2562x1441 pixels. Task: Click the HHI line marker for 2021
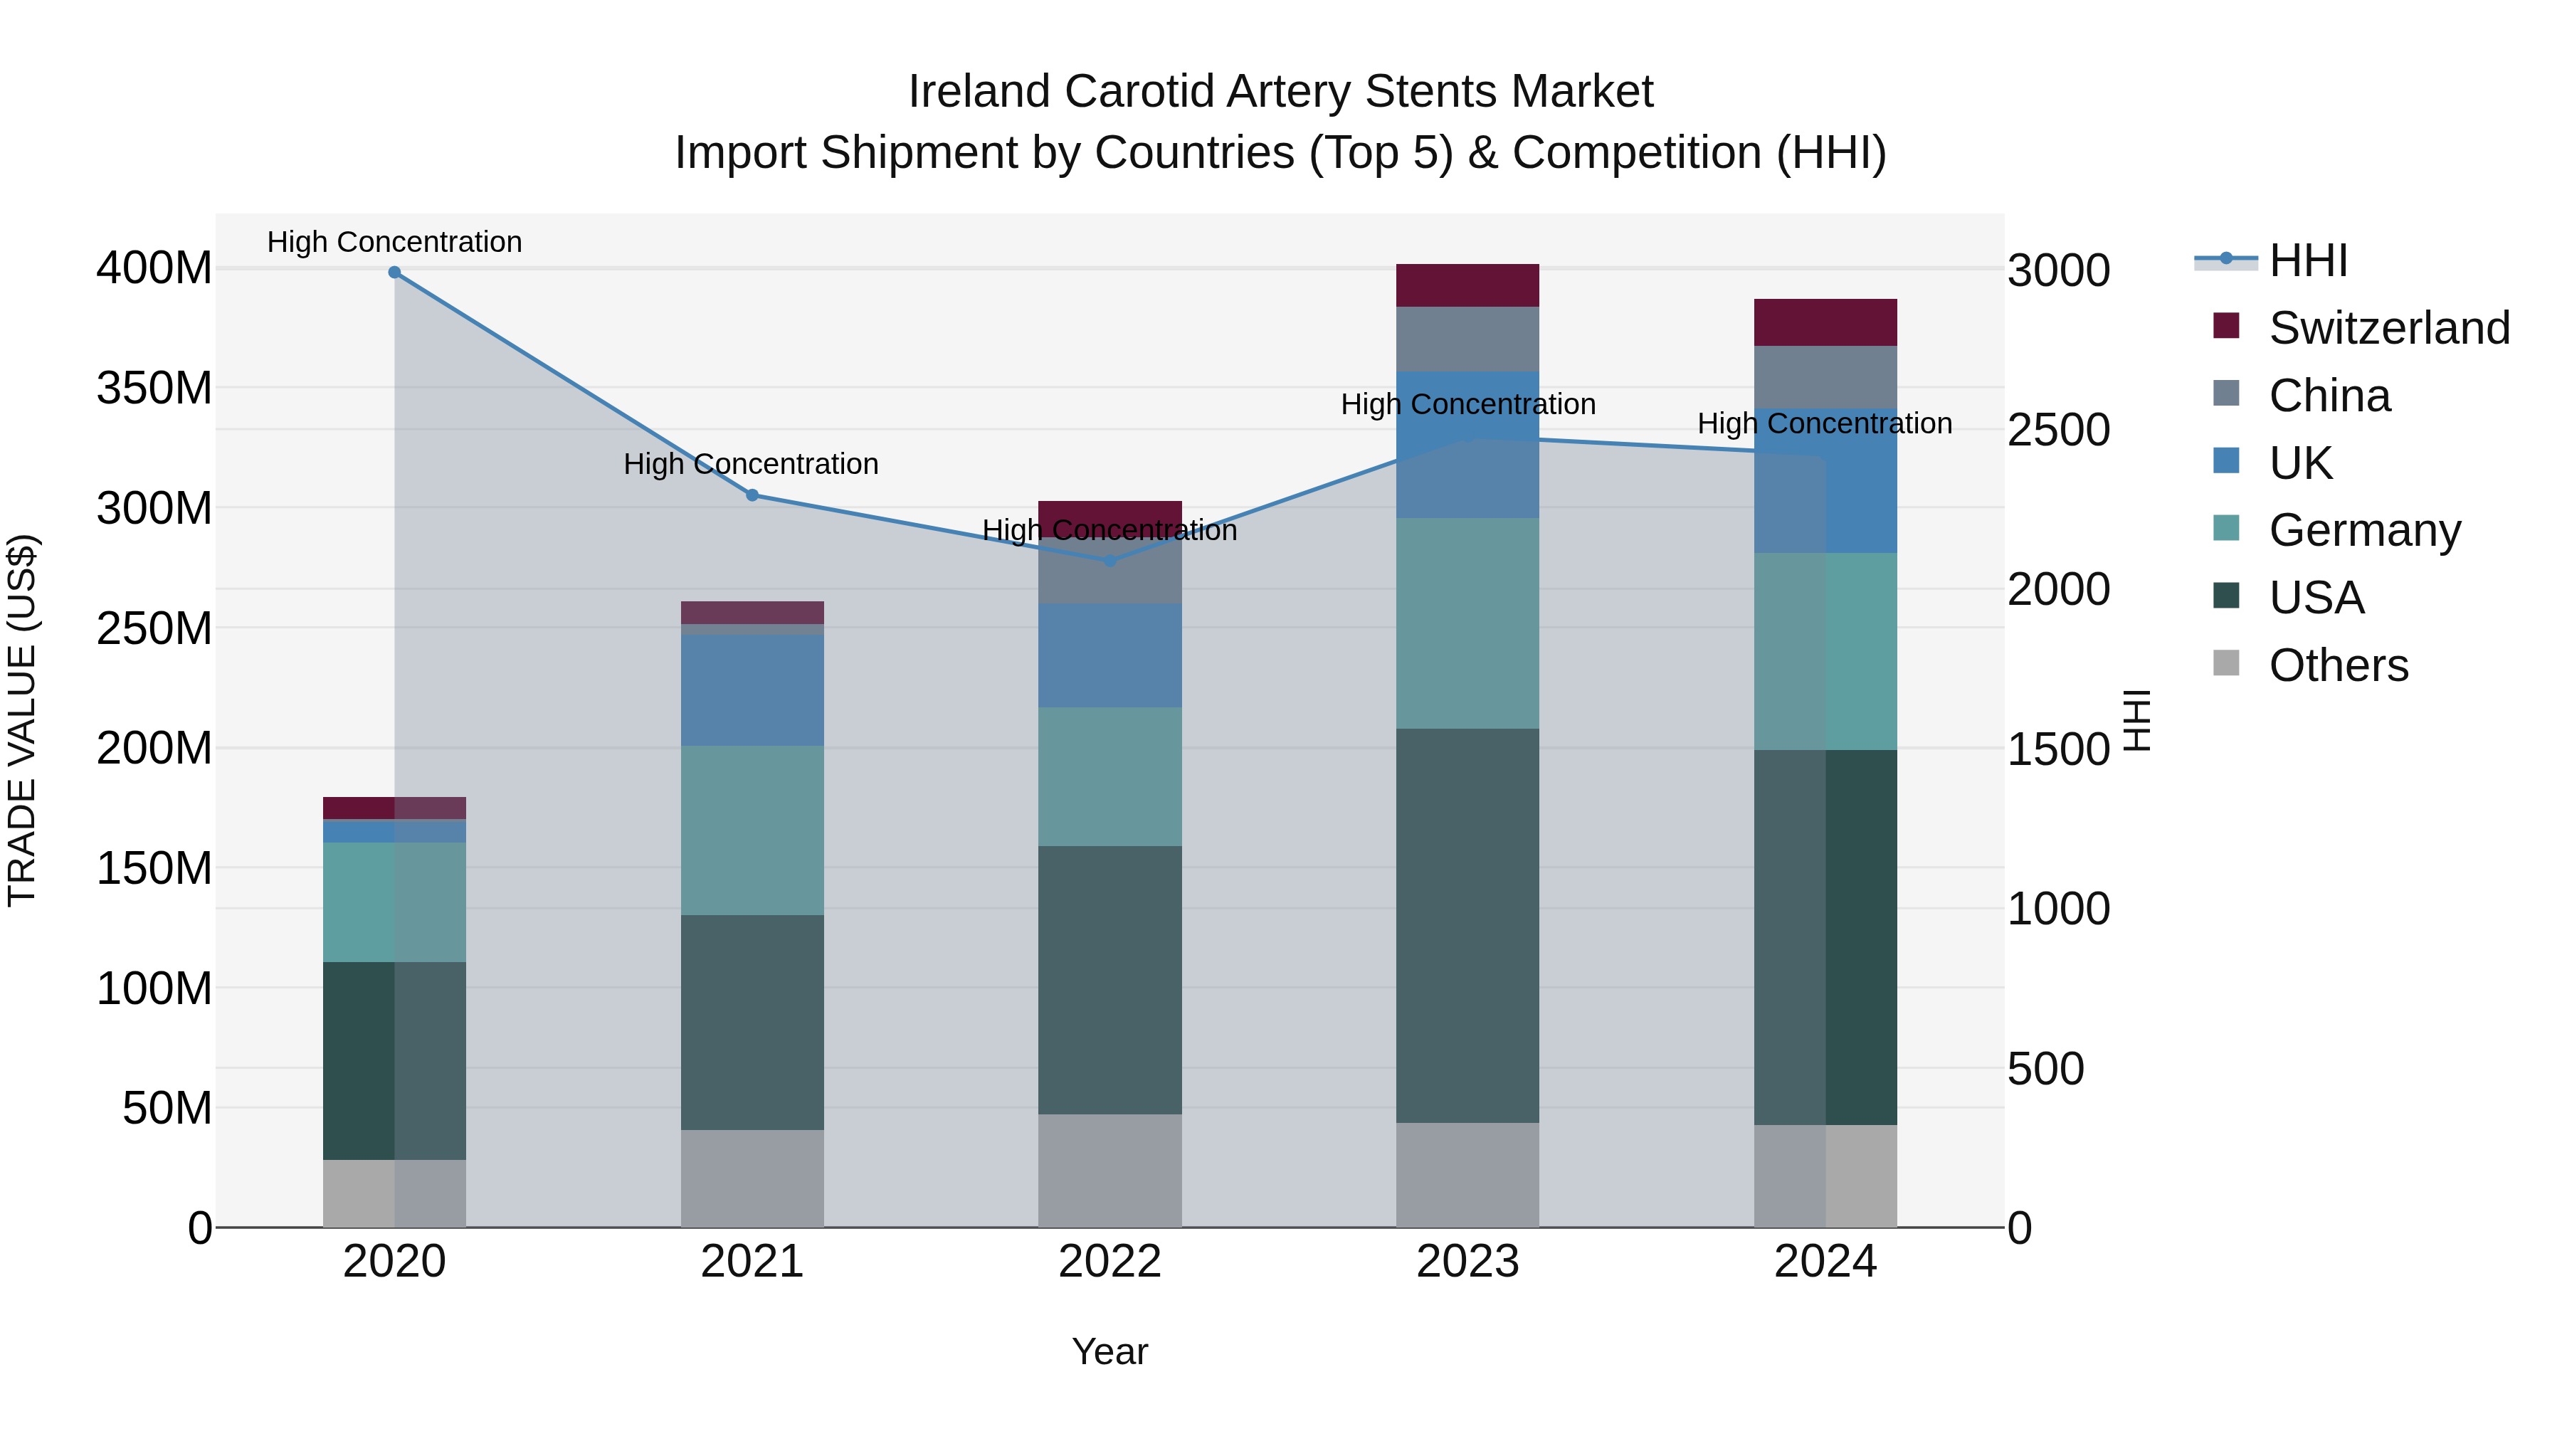[752, 495]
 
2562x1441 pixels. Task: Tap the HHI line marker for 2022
[1110, 561]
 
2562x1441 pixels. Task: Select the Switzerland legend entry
[2387, 328]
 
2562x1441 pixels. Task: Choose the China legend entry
[2327, 396]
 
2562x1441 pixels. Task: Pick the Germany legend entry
[2363, 530]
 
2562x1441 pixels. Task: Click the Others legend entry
[2337, 665]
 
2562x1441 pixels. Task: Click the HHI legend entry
[2307, 260]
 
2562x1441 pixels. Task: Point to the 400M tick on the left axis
[154, 268]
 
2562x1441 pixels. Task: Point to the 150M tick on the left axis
[154, 868]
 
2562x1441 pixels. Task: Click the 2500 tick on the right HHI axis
[2057, 431]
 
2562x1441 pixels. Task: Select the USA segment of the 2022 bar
[1110, 980]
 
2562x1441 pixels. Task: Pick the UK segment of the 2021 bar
[752, 690]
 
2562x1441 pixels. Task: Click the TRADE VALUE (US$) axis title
[22, 720]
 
